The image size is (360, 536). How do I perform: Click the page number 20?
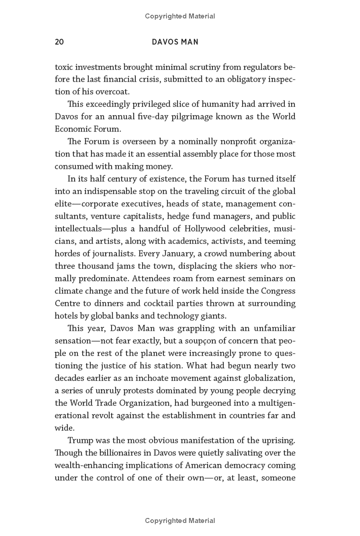coord(59,42)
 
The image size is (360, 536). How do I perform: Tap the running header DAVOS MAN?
coord(175,42)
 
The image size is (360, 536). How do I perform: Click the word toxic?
coord(64,68)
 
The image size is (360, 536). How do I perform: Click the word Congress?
coord(278,291)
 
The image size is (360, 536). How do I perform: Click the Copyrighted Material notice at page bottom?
coord(180,521)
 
